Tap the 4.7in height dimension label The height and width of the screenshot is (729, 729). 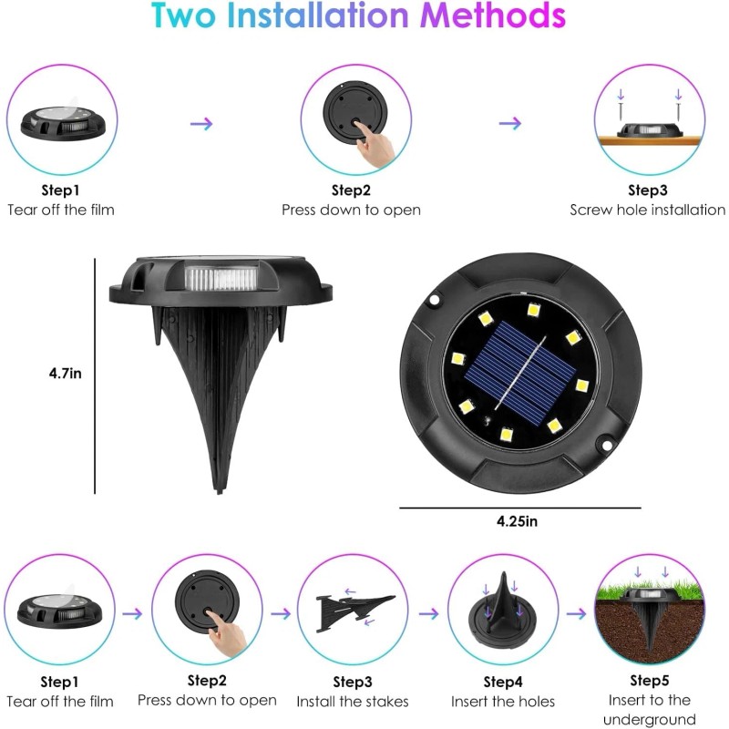(x=65, y=373)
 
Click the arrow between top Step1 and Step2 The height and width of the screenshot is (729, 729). (x=201, y=123)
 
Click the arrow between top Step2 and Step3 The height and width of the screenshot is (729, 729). (x=510, y=123)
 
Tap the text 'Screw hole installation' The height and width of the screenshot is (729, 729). (x=647, y=210)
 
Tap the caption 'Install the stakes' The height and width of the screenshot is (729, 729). (x=352, y=703)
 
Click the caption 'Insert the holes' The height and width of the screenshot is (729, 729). (x=502, y=703)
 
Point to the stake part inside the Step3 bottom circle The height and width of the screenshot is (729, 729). (x=354, y=610)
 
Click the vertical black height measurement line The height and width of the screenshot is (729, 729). (x=95, y=374)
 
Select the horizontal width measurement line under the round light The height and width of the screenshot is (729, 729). (x=519, y=508)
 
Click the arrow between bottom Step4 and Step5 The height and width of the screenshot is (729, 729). (x=575, y=613)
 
